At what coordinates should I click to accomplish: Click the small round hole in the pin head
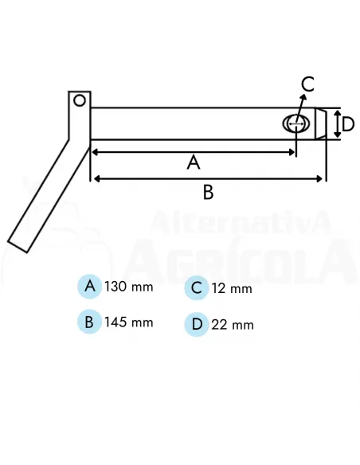click(79, 100)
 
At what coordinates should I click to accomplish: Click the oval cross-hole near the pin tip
click(296, 123)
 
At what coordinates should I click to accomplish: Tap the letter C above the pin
click(307, 84)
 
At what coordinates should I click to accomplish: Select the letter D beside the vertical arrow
click(348, 124)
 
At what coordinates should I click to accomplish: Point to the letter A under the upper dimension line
click(194, 162)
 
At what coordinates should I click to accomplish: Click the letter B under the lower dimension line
click(208, 192)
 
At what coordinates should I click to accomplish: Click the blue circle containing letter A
click(89, 286)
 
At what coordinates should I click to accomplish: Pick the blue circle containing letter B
click(89, 322)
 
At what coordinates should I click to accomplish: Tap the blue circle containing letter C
click(196, 288)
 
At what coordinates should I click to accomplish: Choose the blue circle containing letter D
click(197, 324)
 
